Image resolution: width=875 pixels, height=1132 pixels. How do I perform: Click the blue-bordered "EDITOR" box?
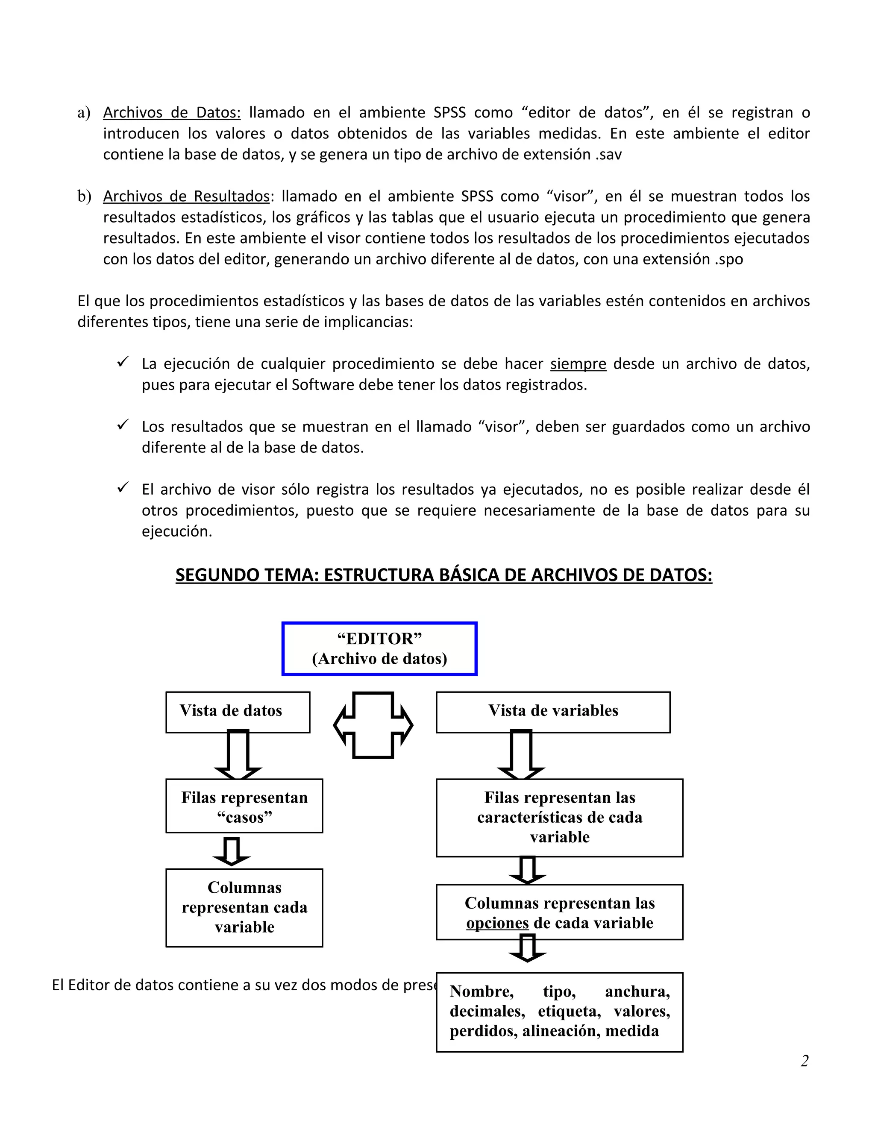(x=379, y=648)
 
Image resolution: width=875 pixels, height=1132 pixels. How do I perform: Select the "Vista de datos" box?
(x=238, y=711)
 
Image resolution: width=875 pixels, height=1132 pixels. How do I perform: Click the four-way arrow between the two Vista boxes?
(x=373, y=724)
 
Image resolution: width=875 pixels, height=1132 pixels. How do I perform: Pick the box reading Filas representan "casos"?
(x=244, y=806)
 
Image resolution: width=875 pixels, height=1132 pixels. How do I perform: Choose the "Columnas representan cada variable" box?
(x=244, y=907)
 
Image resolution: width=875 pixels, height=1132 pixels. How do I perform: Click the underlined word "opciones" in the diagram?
(x=497, y=923)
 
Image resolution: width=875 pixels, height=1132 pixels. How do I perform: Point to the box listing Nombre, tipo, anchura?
(x=559, y=1011)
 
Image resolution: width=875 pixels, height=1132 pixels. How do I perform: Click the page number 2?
(x=804, y=1061)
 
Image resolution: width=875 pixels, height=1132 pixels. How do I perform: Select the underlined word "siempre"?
(x=578, y=364)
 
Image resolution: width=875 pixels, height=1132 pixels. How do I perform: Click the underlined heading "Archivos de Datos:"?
(x=172, y=112)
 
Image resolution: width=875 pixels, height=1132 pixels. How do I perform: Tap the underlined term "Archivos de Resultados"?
(x=186, y=196)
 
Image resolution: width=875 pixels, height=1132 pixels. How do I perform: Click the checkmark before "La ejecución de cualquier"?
(x=122, y=362)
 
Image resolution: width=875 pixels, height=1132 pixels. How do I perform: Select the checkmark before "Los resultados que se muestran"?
(x=122, y=425)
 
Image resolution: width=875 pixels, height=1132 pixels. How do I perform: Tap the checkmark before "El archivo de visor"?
(x=122, y=487)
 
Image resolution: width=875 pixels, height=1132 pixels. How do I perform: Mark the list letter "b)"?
(x=84, y=196)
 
